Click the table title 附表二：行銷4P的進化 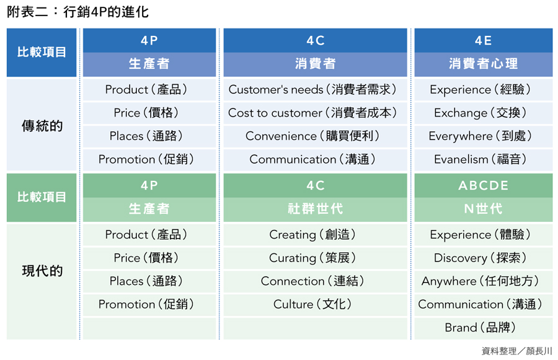pyautogui.click(x=77, y=12)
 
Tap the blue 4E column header pyautogui.click(x=483, y=40)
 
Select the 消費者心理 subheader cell pyautogui.click(x=483, y=64)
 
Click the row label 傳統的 pyautogui.click(x=42, y=126)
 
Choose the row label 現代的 pyautogui.click(x=42, y=271)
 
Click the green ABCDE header pyautogui.click(x=483, y=186)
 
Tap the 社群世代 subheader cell pyautogui.click(x=316, y=209)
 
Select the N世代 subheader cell pyautogui.click(x=483, y=209)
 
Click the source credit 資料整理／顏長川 pyautogui.click(x=516, y=351)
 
